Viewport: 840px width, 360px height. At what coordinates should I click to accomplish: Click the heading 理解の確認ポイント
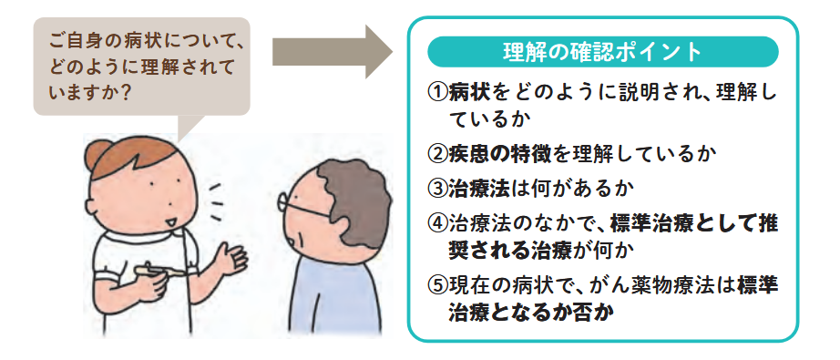[602, 51]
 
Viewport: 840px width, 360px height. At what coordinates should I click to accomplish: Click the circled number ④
[437, 224]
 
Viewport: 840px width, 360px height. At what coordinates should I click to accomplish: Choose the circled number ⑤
[437, 284]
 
